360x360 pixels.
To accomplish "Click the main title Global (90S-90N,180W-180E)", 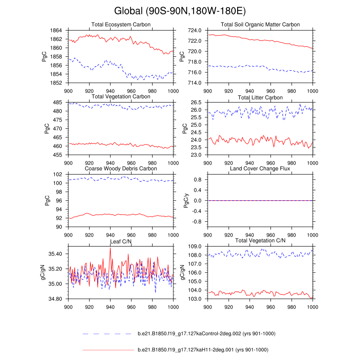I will pos(180,10).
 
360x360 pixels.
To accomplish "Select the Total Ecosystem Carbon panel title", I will pos(121,24).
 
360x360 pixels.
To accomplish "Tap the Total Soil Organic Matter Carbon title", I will pos(260,24).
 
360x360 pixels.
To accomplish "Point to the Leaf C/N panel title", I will pos(121,242).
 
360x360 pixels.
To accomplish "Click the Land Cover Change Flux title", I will pos(260,169).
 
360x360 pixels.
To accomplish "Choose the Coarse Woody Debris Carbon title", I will pos(121,169).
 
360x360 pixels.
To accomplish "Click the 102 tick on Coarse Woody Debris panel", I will pos(58,175).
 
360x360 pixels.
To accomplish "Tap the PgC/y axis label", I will pos(182,200).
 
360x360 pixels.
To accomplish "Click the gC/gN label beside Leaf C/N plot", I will pos(43,272).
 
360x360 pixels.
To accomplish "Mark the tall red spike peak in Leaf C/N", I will pos(110,248).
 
